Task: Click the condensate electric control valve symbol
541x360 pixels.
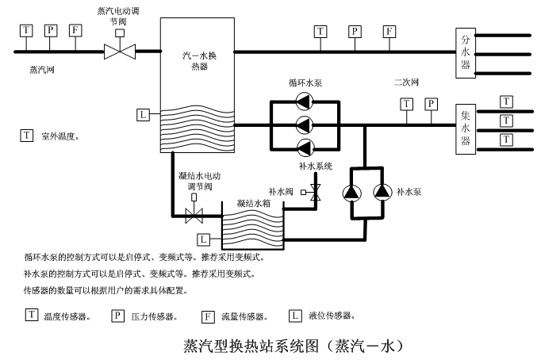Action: [194, 213]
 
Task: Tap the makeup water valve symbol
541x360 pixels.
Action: [315, 191]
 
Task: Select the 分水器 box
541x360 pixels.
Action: [466, 52]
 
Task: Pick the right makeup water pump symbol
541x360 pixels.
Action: [382, 192]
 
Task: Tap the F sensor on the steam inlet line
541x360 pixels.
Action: [75, 31]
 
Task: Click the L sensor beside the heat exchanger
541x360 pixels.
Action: [143, 115]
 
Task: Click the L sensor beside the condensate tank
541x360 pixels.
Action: [205, 239]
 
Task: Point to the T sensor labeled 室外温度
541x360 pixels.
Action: [26, 136]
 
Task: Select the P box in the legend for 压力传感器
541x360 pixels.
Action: [117, 316]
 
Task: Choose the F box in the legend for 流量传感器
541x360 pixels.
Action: [209, 316]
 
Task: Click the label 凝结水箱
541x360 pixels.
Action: [253, 203]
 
